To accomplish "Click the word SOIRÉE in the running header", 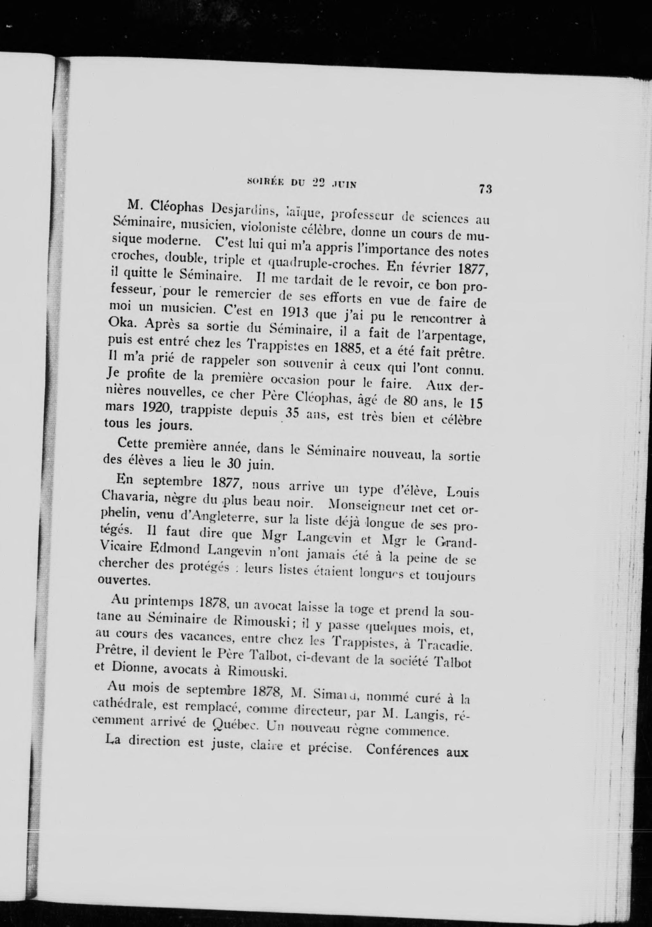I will (263, 183).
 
